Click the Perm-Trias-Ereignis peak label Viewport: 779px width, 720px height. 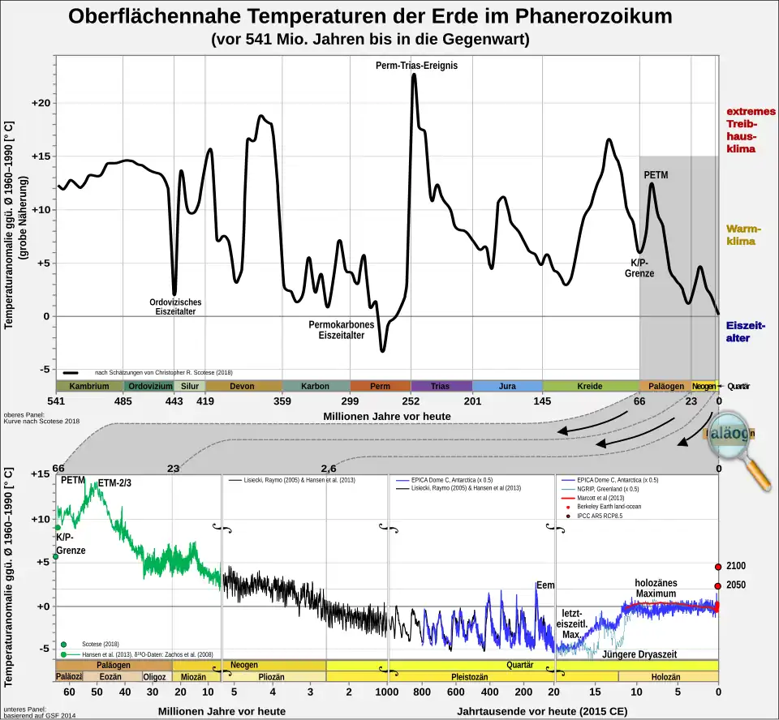click(x=417, y=65)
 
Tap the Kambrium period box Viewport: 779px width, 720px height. click(x=89, y=386)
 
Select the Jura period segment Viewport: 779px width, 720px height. click(x=507, y=386)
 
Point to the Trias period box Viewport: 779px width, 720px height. click(x=441, y=386)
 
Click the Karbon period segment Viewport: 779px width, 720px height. click(x=315, y=386)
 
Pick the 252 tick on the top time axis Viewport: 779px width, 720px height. click(x=411, y=401)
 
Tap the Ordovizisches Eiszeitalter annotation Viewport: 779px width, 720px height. click(x=175, y=307)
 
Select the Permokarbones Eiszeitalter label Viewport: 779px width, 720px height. click(x=341, y=330)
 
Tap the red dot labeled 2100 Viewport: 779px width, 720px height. click(x=718, y=568)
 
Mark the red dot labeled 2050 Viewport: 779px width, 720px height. click(x=718, y=585)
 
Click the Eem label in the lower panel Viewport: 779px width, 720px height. click(x=544, y=585)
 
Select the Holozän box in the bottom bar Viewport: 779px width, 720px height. click(x=668, y=676)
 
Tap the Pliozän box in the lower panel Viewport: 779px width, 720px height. click(x=271, y=676)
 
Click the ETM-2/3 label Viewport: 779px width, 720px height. click(x=114, y=483)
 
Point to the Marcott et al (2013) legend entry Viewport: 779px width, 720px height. click(x=605, y=498)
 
